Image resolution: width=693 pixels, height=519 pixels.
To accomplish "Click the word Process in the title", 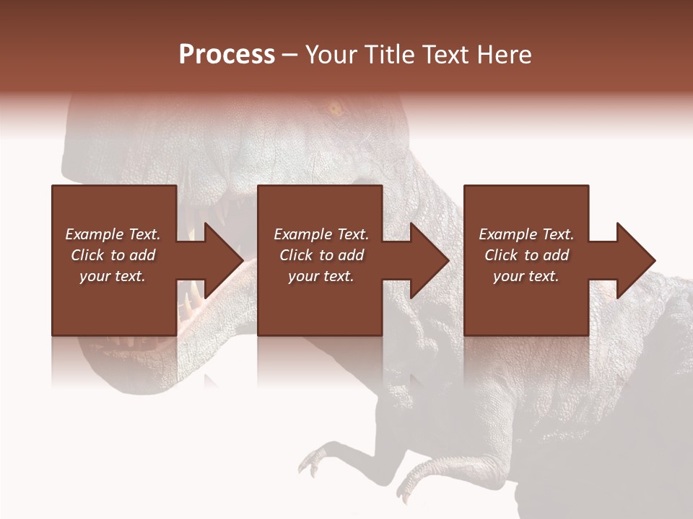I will tap(227, 54).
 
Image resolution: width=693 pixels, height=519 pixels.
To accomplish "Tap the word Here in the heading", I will tap(505, 54).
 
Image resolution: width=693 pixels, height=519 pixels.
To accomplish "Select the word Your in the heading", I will tap(331, 54).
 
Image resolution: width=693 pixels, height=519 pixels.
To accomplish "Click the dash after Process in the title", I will tap(289, 56).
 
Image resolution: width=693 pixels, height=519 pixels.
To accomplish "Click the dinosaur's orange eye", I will tap(334, 110).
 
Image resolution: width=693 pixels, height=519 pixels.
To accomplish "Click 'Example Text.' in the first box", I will tap(113, 234).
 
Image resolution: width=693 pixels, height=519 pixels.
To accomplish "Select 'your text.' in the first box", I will tap(113, 276).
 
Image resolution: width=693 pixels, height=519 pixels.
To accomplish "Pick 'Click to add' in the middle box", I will tap(321, 255).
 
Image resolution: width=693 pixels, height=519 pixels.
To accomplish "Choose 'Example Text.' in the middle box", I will tap(321, 234).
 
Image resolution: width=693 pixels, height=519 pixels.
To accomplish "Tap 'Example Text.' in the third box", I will tap(526, 234).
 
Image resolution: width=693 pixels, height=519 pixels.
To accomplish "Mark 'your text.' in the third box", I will tap(526, 276).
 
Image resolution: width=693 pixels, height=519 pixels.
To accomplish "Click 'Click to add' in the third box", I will tap(526, 255).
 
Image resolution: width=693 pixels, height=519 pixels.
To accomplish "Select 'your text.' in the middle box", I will tap(321, 276).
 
